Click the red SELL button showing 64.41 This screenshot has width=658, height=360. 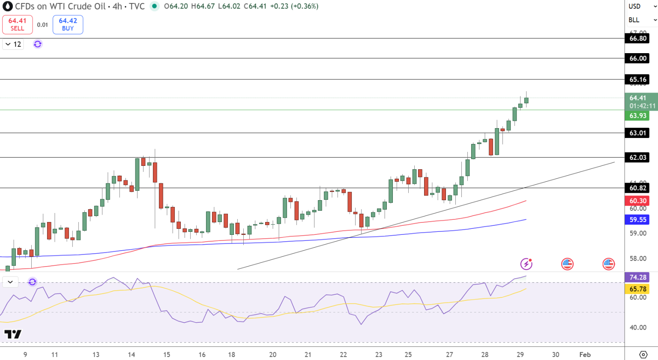(x=17, y=24)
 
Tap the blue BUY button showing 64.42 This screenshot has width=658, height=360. (x=68, y=24)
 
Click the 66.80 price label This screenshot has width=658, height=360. (x=638, y=39)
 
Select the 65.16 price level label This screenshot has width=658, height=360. (x=638, y=80)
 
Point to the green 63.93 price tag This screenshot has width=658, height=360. (x=638, y=116)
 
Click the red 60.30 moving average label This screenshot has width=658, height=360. (x=638, y=201)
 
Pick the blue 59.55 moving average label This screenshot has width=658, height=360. (x=638, y=219)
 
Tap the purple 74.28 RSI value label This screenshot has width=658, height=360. (x=638, y=277)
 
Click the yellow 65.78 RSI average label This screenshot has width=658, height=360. (x=638, y=289)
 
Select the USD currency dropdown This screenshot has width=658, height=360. (x=641, y=6)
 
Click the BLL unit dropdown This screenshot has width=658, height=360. (x=641, y=20)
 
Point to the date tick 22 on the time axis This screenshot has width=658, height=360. (x=343, y=354)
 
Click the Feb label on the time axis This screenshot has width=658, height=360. (x=585, y=354)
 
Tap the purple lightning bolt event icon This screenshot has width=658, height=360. (x=526, y=264)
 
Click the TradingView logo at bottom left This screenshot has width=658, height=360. (x=13, y=334)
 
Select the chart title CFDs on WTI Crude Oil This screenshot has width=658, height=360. (x=60, y=6)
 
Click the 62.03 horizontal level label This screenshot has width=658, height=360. (x=638, y=158)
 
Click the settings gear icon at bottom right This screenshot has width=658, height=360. (x=643, y=354)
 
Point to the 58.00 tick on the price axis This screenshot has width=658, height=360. (x=638, y=258)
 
